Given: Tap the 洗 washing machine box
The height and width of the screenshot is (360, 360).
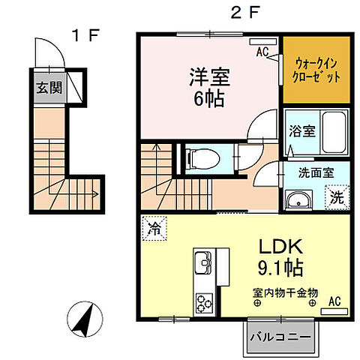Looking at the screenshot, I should coord(336,199).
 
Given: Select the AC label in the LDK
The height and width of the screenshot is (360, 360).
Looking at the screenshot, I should coord(334,301).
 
